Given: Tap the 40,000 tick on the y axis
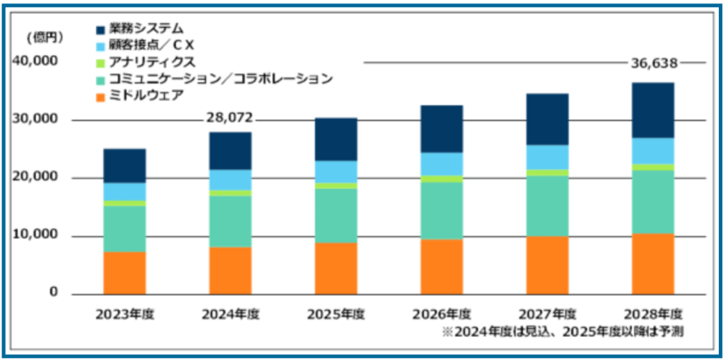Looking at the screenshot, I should click(35, 62).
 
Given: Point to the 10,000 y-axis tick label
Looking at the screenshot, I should click(35, 236).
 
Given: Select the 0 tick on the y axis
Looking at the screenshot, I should click(53, 293).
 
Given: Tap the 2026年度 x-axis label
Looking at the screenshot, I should click(441, 314).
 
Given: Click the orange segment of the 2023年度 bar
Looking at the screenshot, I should click(125, 273).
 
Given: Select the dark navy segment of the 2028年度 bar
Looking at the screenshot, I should click(652, 110).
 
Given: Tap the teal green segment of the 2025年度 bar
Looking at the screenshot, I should click(336, 215).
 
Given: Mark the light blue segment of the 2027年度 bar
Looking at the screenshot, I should click(547, 157).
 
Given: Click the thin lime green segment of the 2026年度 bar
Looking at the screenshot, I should click(441, 178).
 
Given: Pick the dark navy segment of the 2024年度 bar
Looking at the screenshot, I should click(230, 150).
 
